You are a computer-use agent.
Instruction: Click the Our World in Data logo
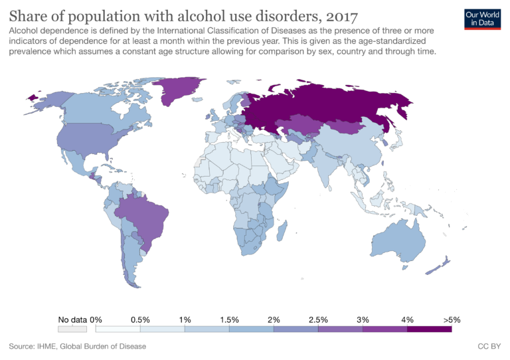tap(482, 18)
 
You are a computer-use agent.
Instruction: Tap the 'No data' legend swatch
tap(72, 328)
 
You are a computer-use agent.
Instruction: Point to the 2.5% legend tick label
tap(318, 319)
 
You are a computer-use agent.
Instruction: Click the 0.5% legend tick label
tap(140, 319)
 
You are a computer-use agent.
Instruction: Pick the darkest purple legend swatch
tap(429, 328)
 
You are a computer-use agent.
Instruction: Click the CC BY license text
tap(488, 347)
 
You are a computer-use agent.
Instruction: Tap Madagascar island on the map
tap(282, 231)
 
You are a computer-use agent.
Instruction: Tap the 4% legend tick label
tap(406, 319)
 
